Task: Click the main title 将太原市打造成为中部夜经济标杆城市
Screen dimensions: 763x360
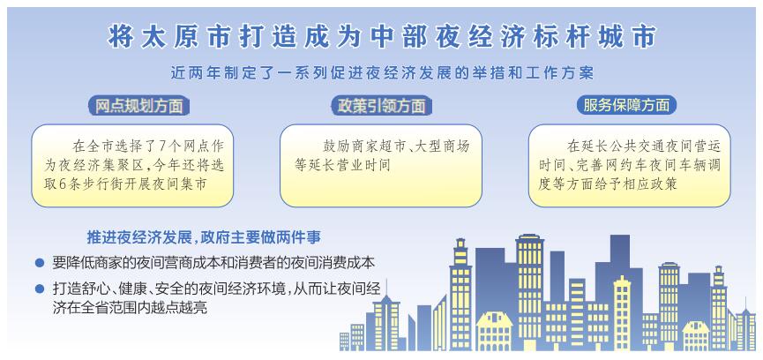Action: click(x=381, y=35)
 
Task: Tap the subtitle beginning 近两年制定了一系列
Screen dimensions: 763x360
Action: click(x=381, y=73)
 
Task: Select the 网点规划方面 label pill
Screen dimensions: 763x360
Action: click(x=138, y=105)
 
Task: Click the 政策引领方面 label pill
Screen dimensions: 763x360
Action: click(x=381, y=105)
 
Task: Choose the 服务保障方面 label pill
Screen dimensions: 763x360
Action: click(x=627, y=105)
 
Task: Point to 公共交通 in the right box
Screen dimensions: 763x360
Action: click(x=631, y=146)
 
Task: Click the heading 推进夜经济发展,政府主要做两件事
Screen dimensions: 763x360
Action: click(x=204, y=238)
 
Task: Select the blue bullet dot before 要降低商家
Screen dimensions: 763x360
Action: click(x=41, y=263)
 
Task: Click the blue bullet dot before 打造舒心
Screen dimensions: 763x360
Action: click(x=41, y=289)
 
